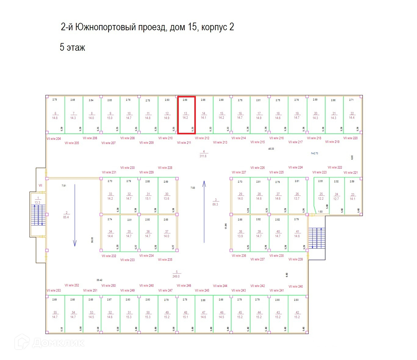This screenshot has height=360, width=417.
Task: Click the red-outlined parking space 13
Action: pyautogui.click(x=186, y=115)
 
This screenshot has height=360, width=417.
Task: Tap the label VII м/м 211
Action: pyautogui.click(x=184, y=143)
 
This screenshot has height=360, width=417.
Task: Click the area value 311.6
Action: pyautogui.click(x=203, y=156)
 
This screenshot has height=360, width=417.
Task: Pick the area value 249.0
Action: pyautogui.click(x=176, y=276)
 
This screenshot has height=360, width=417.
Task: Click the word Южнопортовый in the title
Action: pyautogui.click(x=105, y=27)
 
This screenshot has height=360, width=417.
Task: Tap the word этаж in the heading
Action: pyautogui.click(x=76, y=48)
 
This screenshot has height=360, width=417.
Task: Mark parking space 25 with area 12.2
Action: pyautogui.click(x=321, y=196)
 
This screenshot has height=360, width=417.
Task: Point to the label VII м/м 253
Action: pyautogui.click(x=54, y=291)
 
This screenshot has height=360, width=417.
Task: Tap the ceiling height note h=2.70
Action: pyautogui.click(x=314, y=153)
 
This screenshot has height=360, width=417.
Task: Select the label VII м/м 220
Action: pyautogui.click(x=350, y=138)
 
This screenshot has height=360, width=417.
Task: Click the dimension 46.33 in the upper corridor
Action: pyautogui.click(x=271, y=149)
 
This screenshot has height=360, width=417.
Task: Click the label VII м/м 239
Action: pyautogui.click(x=296, y=259)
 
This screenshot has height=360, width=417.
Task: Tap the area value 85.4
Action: pyautogui.click(x=66, y=217)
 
